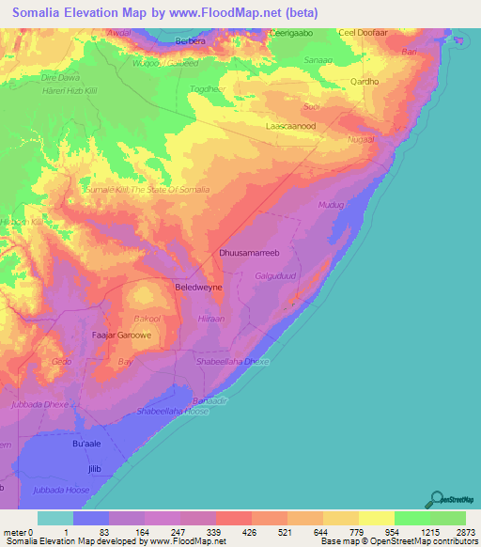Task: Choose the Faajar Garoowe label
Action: click(121, 334)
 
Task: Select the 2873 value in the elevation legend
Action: click(467, 532)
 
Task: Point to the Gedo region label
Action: click(62, 361)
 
